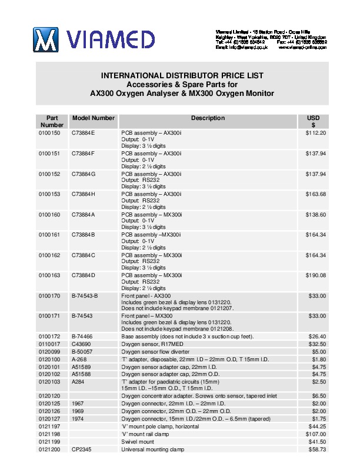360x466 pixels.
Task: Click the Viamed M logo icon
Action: tap(46, 39)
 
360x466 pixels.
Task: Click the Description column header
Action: tap(208, 118)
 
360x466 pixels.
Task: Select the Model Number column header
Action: tap(93, 118)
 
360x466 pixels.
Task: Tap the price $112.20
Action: tap(316, 133)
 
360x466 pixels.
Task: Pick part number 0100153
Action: tap(49, 194)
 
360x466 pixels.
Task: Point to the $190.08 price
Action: tap(316, 275)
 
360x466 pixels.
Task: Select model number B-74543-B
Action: tap(85, 295)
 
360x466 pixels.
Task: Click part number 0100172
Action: tap(49, 336)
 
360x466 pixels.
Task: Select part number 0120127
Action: tap(49, 419)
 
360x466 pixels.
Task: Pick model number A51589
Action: tap(82, 367)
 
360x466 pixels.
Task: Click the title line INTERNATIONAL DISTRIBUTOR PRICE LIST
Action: tap(182, 76)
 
